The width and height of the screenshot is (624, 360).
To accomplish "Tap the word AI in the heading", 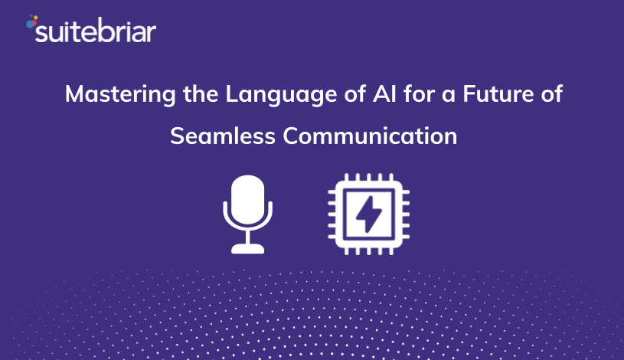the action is (x=385, y=94).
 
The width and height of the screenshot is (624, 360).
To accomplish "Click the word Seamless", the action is (x=223, y=136).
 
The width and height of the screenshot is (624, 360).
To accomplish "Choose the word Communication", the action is (x=370, y=136).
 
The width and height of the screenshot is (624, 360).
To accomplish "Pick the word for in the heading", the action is (x=419, y=94).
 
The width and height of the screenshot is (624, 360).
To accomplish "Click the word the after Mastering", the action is (x=201, y=94).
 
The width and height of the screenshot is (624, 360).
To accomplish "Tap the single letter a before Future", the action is (x=449, y=97).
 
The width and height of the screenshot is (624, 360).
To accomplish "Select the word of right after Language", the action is (x=355, y=94).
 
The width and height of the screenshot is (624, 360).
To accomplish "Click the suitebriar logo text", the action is (x=96, y=31).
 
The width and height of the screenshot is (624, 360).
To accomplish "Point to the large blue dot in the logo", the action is (x=31, y=24).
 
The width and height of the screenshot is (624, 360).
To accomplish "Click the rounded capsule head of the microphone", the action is (x=247, y=199).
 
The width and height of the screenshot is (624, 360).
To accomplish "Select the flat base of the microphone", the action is (x=247, y=249).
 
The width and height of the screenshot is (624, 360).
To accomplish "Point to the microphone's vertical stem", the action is (x=247, y=237).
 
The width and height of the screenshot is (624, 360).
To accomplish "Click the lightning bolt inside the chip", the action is (x=368, y=214).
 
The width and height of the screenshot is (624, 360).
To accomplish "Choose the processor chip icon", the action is (x=368, y=214).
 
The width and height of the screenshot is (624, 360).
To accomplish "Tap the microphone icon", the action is (x=247, y=214).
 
